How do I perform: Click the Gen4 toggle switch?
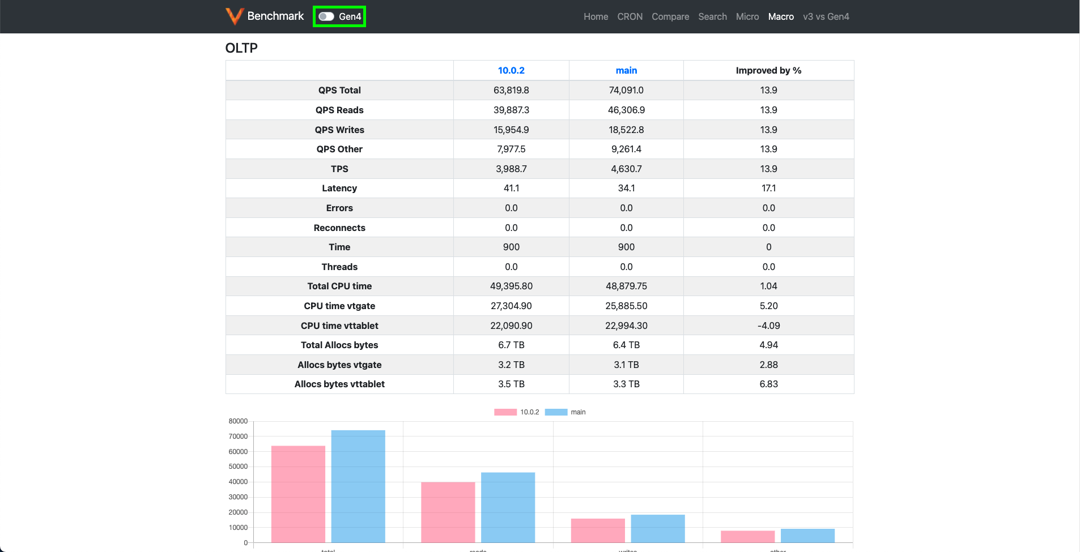tap(326, 16)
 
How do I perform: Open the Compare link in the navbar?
tap(670, 16)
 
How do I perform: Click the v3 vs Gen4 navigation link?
tap(826, 16)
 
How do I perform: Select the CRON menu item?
tap(630, 16)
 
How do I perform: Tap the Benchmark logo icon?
tap(234, 16)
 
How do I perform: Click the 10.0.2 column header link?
tap(511, 70)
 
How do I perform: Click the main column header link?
tap(626, 70)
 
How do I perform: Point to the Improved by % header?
tap(768, 70)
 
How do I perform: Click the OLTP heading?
tap(241, 48)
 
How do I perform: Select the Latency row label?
tap(339, 188)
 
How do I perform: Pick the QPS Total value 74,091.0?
tap(626, 90)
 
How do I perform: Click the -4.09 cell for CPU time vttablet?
tap(768, 326)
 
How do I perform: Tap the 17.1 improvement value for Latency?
tap(768, 188)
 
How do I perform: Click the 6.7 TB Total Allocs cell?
tap(511, 345)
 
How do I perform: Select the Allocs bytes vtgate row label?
tap(339, 365)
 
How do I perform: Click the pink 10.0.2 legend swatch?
tap(505, 412)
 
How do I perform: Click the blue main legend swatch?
tap(556, 412)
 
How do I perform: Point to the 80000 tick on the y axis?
tap(238, 421)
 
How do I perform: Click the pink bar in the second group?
tap(448, 512)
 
